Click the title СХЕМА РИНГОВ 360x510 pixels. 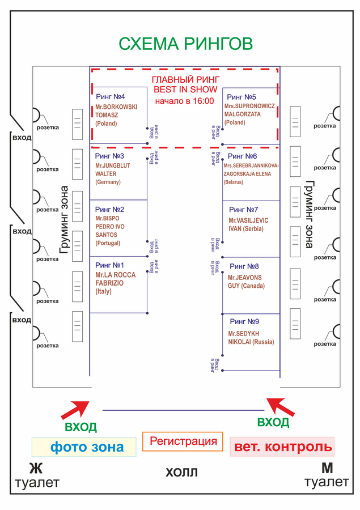tap(185, 44)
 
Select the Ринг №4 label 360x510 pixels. tap(111, 96)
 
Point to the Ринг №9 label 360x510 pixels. tap(244, 321)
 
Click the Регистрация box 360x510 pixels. tap(183, 441)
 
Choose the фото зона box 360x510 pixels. tap(84, 447)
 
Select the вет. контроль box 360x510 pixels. tap(282, 447)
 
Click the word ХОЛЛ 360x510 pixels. tap(181, 472)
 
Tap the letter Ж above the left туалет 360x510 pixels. tap(36, 469)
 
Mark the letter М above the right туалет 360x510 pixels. tap(327, 469)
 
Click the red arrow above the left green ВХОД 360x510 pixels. tap(75, 410)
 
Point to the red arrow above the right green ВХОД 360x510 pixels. tap(280, 407)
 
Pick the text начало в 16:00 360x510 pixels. tap(185, 101)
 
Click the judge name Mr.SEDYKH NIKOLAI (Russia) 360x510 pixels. tap(251, 338)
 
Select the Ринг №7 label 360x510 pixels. tap(243, 210)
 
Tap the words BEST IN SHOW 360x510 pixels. tap(185, 90)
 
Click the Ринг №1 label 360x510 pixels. tap(109, 265)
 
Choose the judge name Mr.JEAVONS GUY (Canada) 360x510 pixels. tap(246, 282)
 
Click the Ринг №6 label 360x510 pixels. tap(242, 156)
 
